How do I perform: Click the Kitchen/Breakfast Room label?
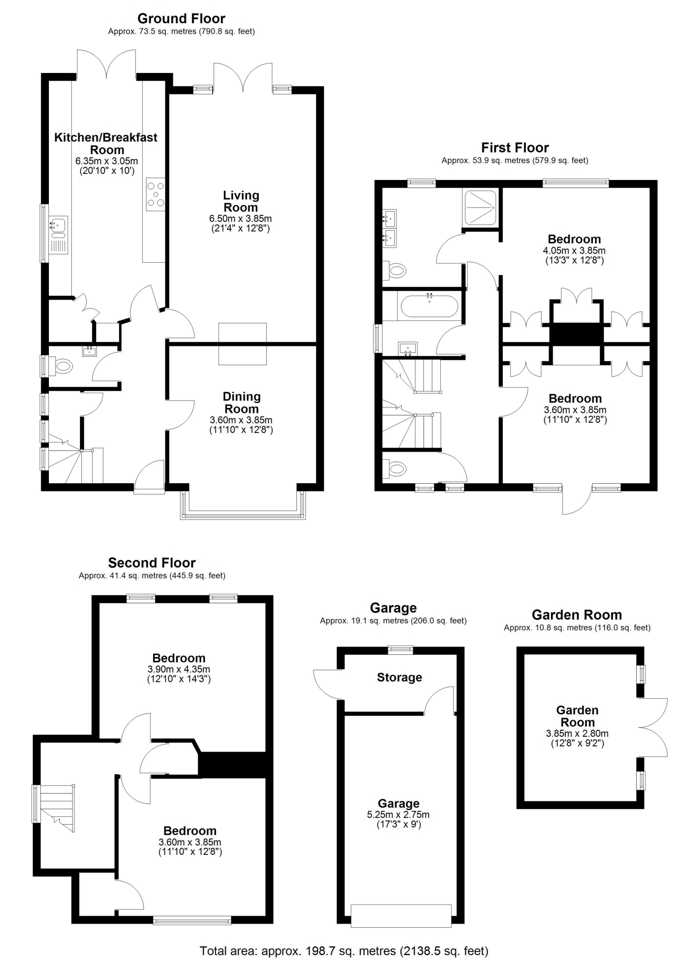point(106,143)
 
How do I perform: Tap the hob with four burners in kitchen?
point(155,194)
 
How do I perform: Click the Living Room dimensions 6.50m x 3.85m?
point(241,218)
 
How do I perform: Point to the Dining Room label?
point(242,403)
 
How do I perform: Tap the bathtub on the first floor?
point(429,306)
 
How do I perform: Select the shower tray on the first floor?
point(480,207)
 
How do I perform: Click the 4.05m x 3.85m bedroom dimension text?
point(574,250)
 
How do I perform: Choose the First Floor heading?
point(515,148)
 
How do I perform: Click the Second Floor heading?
point(152,563)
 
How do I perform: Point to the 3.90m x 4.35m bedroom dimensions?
point(179,669)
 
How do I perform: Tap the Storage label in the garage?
point(399,677)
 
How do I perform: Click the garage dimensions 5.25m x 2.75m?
point(398,814)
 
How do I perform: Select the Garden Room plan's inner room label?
point(577,716)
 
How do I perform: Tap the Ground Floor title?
point(181,19)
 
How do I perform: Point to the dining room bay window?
point(242,505)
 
